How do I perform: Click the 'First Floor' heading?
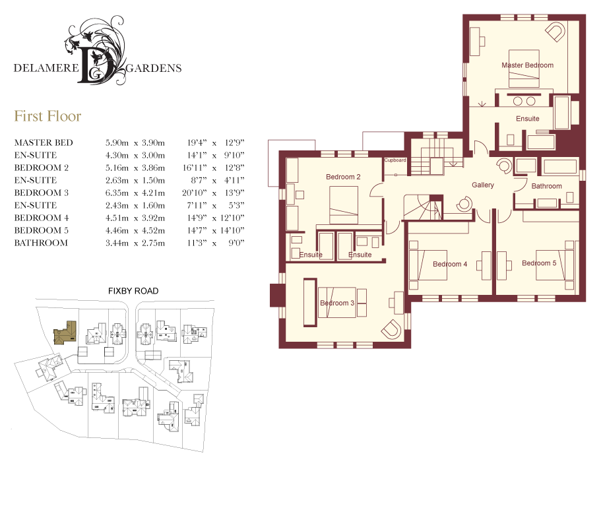pos(48,116)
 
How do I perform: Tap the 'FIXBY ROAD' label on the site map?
pos(133,291)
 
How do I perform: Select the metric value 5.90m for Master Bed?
pos(117,142)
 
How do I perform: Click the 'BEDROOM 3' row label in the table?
pos(41,193)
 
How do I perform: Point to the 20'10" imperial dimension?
pos(195,193)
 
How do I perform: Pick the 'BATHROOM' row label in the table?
pos(41,243)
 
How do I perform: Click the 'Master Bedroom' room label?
pos(527,65)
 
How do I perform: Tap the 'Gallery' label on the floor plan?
pos(483,185)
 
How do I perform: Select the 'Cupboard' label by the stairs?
pos(395,160)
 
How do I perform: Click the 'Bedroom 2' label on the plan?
pos(343,177)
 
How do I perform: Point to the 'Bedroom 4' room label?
pos(450,264)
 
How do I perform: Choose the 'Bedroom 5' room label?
pos(539,263)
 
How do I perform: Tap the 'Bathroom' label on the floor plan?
pos(546,186)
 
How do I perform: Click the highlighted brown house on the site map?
pos(65,332)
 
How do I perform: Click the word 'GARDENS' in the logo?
pos(154,68)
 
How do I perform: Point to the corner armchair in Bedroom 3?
pos(391,329)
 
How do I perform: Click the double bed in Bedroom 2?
pos(344,205)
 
